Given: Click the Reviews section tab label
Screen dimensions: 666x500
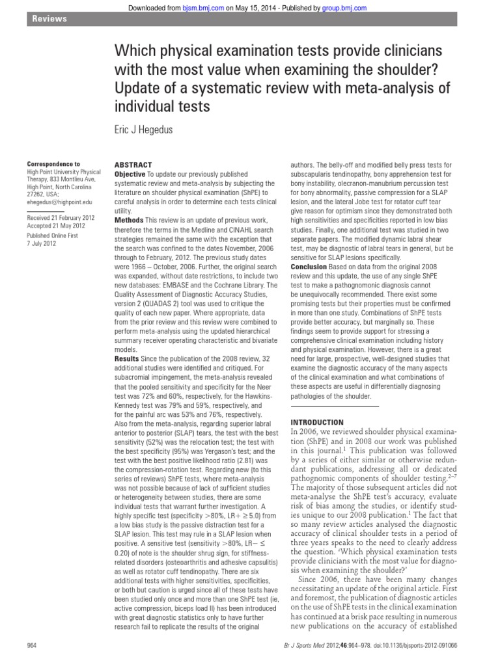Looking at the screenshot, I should [x=49, y=20].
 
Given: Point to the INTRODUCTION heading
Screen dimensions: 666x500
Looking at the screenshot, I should [x=317, y=422].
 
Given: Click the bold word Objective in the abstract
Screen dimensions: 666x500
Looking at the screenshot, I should [x=130, y=175].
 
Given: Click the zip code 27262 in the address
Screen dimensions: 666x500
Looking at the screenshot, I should [x=37, y=193].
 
